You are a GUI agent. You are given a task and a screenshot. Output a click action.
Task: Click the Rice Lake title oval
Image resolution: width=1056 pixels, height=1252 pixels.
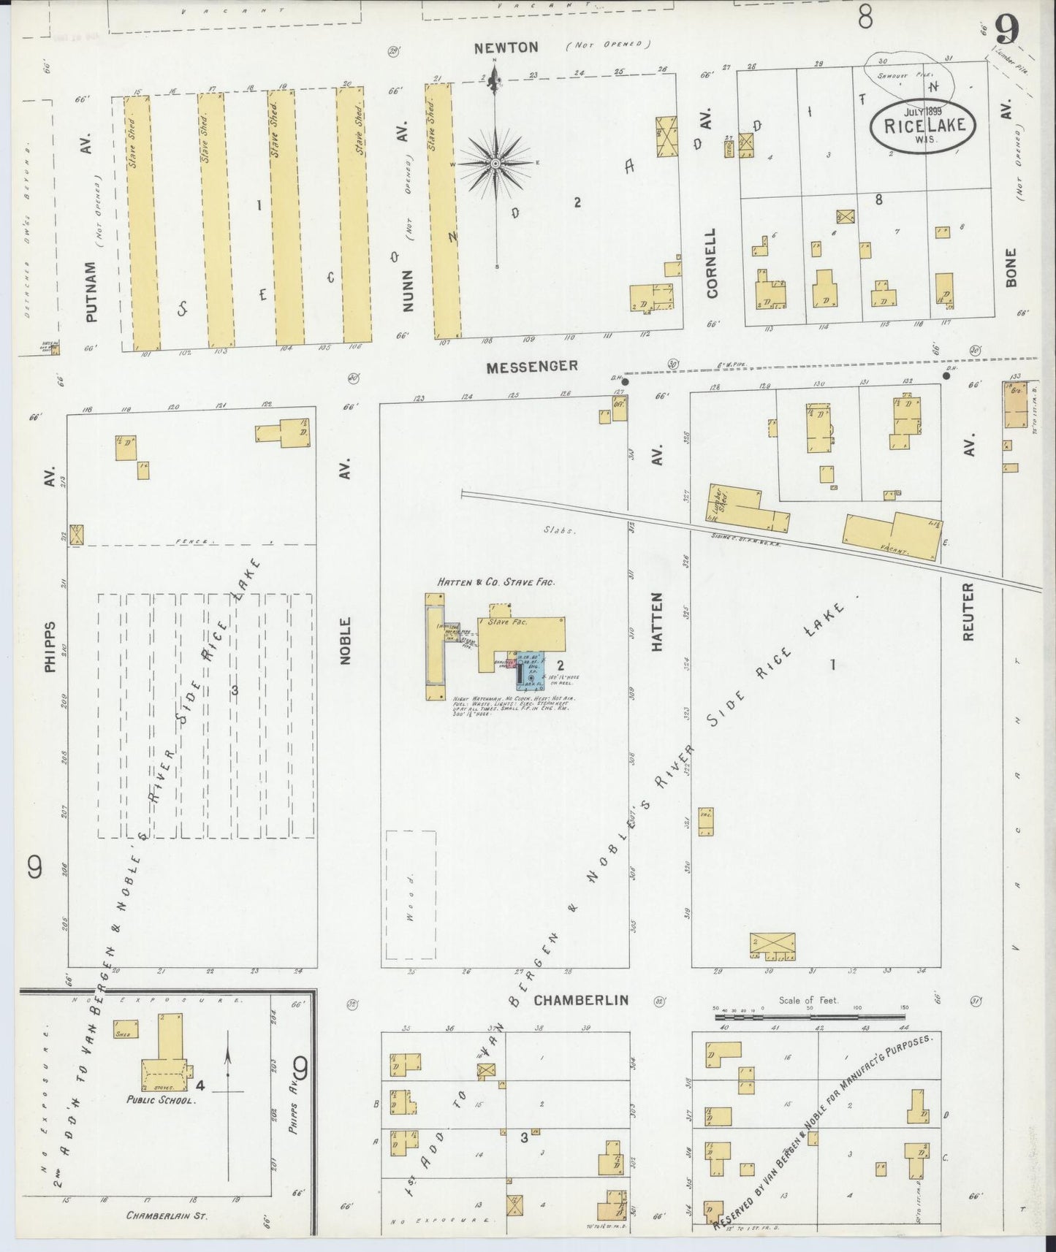tap(924, 125)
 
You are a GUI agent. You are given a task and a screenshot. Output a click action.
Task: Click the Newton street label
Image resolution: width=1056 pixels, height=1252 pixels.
tap(506, 48)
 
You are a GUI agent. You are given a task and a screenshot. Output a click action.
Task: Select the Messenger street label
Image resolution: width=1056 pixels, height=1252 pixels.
tap(532, 365)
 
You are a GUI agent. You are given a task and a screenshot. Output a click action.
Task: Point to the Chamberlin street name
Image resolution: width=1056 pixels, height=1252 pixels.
tap(580, 1000)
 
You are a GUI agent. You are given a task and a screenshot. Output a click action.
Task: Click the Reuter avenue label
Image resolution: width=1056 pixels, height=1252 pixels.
tap(969, 611)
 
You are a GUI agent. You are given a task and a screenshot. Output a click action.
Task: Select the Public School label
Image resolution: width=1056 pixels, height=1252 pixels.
tap(160, 1099)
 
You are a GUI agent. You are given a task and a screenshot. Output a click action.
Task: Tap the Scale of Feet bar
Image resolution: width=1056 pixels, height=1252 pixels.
tap(809, 1016)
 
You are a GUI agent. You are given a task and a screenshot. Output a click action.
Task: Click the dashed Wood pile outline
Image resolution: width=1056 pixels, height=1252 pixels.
tap(411, 895)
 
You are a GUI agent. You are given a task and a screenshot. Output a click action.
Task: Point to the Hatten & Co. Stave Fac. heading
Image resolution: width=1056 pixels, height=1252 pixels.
tap(496, 582)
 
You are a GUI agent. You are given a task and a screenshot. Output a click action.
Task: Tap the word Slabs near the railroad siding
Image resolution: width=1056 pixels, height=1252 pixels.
tap(560, 530)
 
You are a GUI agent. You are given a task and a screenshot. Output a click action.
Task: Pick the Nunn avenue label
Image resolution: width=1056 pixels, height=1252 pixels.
tap(408, 291)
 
